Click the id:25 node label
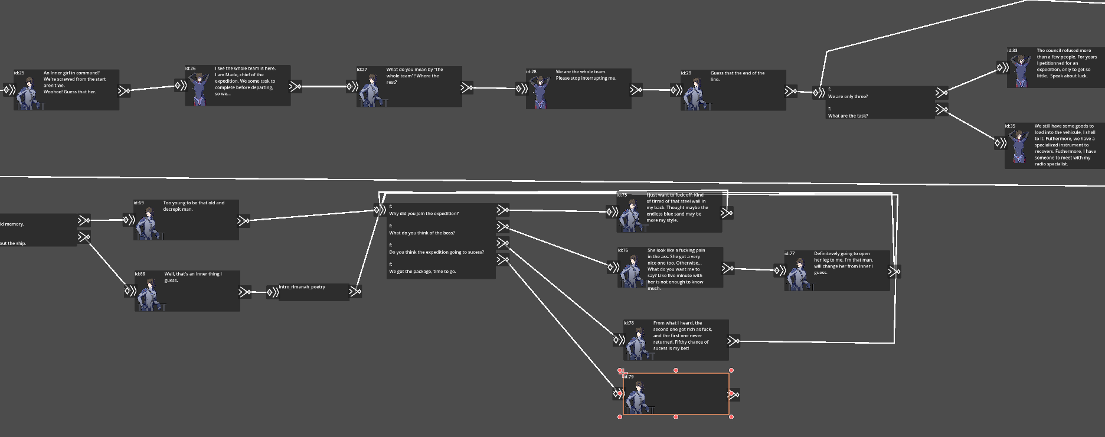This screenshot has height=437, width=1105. pyautogui.click(x=19, y=73)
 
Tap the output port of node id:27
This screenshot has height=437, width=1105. pyautogui.click(x=467, y=88)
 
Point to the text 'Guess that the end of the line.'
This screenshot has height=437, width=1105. pyautogui.click(x=737, y=76)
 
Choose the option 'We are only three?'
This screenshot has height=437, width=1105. pyautogui.click(x=848, y=96)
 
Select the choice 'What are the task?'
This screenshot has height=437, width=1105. pyautogui.click(x=848, y=116)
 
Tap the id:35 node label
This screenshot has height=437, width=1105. pyautogui.click(x=1010, y=126)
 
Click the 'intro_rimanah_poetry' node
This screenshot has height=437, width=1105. pyautogui.click(x=313, y=292)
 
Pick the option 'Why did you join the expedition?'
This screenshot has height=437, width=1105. pyautogui.click(x=423, y=214)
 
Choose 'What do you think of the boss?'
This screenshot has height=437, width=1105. pyautogui.click(x=421, y=233)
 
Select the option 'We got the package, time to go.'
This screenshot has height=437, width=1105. pyautogui.click(x=422, y=272)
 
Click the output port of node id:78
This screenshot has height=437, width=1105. pyautogui.click(x=734, y=341)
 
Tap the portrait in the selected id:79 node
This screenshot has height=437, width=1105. pyautogui.click(x=637, y=396)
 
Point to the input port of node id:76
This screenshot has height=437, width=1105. pyautogui.click(x=613, y=267)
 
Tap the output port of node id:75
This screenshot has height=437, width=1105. pyautogui.click(x=727, y=213)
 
